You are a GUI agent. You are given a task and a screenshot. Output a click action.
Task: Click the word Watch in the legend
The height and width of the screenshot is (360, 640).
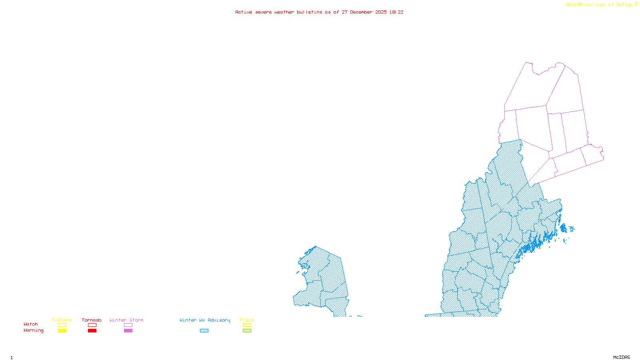coord(31,324)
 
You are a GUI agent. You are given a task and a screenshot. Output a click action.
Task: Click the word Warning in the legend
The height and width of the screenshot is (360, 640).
coord(34,330)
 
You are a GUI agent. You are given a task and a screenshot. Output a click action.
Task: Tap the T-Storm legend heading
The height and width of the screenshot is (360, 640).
coord(62,320)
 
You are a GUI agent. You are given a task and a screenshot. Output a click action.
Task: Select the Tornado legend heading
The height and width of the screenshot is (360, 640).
coord(92,320)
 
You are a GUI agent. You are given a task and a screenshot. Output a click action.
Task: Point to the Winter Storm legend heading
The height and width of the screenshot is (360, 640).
coord(126,320)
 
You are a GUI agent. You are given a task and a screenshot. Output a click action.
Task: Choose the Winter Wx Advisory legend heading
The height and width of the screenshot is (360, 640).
coord(205,320)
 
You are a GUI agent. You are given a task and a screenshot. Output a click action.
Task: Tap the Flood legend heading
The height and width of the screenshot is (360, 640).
coord(247,320)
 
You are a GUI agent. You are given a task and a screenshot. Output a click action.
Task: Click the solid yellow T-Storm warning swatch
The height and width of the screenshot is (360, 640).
coord(62,331)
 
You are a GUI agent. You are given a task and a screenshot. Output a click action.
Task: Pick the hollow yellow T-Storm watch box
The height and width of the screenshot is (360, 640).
coord(62,325)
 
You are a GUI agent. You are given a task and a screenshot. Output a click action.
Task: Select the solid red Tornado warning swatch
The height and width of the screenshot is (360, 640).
coord(92,331)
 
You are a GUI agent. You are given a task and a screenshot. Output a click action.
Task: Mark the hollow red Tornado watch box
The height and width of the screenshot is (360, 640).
coord(92,325)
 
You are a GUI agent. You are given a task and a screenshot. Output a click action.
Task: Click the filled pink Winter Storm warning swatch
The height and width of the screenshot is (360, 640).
coord(128,331)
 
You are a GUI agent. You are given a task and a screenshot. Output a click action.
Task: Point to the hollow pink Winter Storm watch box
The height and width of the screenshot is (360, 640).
coord(128,325)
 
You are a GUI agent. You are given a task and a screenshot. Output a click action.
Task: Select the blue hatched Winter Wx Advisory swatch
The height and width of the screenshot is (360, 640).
coord(204,331)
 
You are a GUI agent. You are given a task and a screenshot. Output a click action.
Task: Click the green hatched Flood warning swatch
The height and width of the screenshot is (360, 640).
coord(247,331)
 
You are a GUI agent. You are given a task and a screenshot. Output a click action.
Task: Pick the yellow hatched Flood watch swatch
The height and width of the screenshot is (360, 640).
coord(247,325)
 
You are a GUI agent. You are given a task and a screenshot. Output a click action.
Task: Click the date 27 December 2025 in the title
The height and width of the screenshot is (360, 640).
coord(364,12)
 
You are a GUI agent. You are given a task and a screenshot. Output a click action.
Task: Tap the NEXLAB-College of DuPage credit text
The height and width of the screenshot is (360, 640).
coord(600,5)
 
